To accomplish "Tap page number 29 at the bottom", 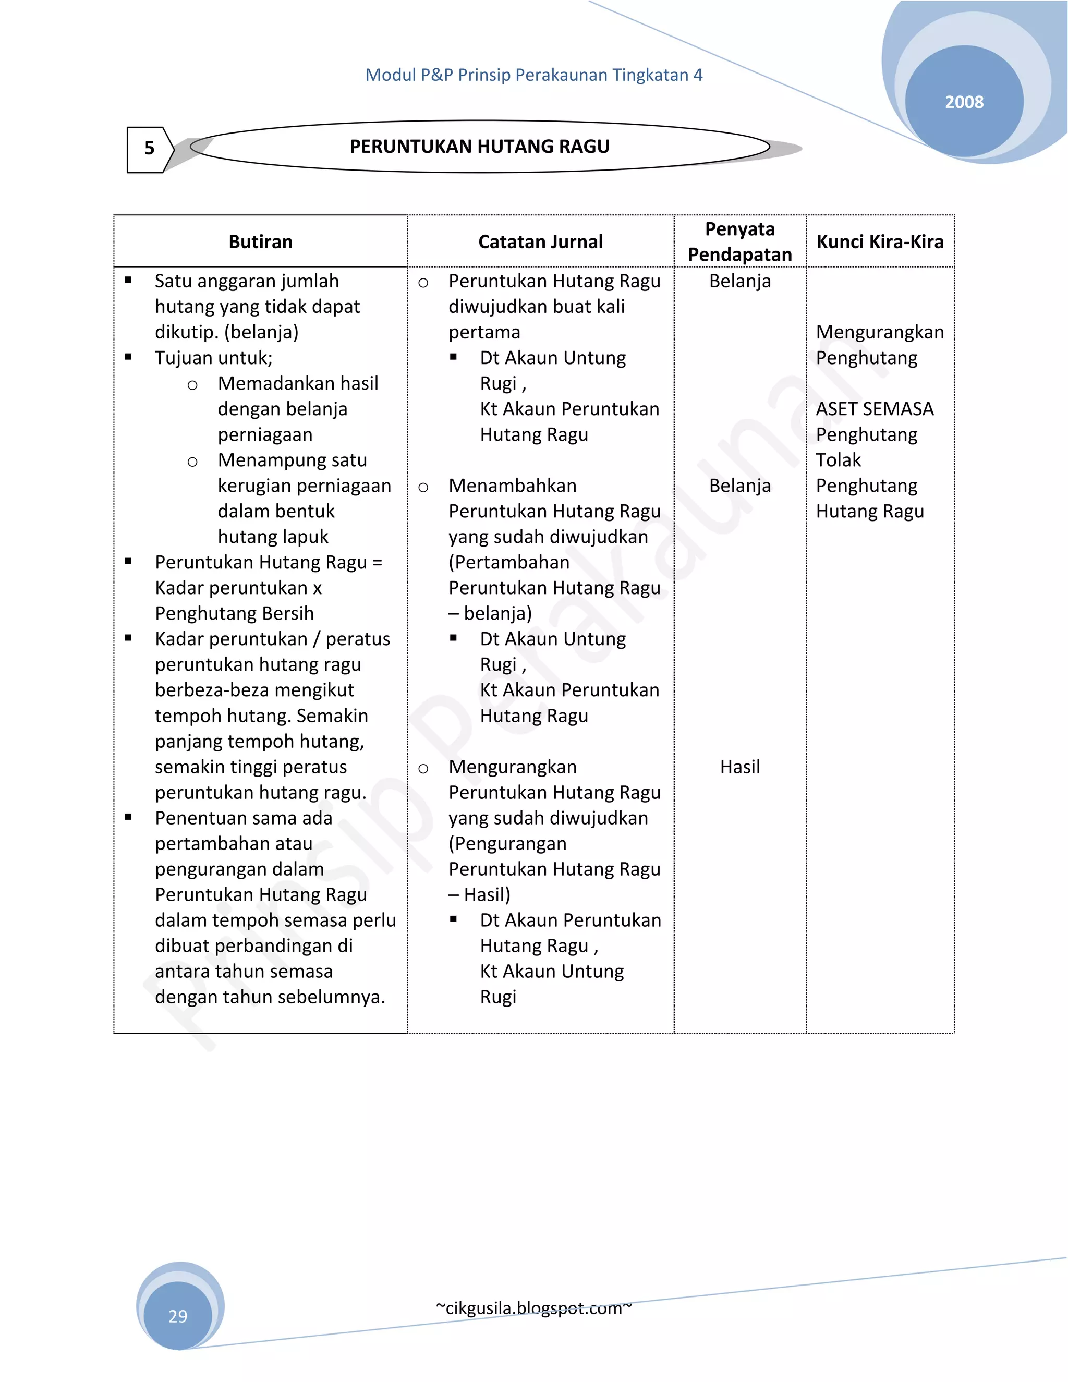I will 178,1316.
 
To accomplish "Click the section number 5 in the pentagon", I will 149,148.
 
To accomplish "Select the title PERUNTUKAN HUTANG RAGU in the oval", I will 480,147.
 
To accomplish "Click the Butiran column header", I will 261,242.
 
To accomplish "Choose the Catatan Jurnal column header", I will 540,242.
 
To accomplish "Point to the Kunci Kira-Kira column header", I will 879,242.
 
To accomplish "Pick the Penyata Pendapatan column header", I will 739,242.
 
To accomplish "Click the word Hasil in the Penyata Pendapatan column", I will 739,767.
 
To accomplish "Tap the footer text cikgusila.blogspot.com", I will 533,1308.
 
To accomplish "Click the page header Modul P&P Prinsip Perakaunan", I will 533,75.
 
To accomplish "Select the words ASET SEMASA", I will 875,409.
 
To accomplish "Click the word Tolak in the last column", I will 839,460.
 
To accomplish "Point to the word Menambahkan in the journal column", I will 513,486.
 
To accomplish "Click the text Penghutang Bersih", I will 234,613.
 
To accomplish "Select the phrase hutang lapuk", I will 273,537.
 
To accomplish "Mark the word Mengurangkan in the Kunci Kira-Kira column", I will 879,332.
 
